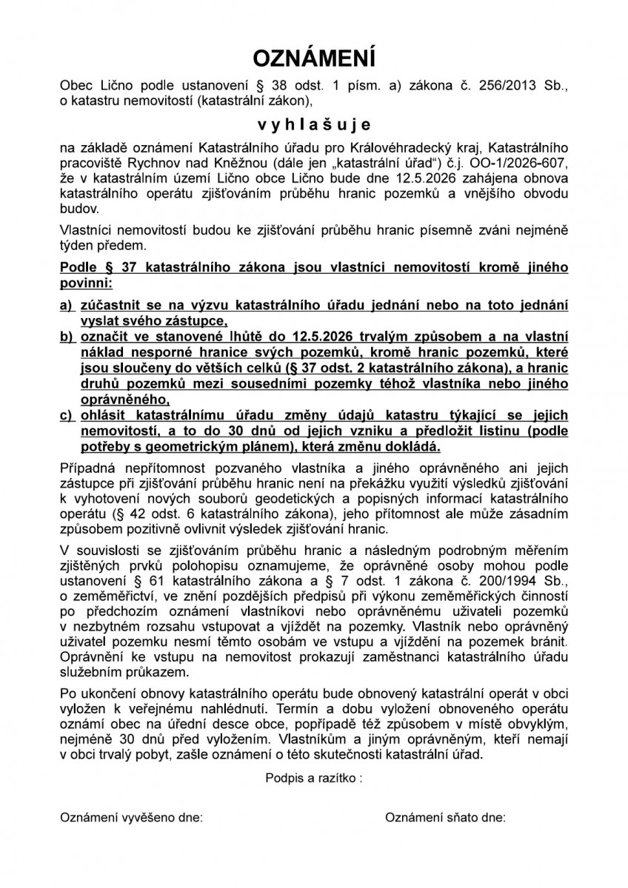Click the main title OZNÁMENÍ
pos(314,59)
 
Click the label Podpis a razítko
pos(313,778)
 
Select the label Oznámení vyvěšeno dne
pos(131,818)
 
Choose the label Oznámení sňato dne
pos(446,818)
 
